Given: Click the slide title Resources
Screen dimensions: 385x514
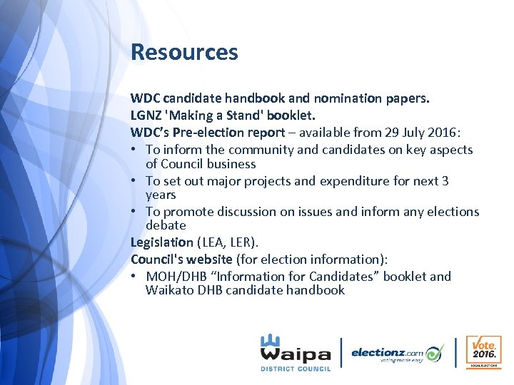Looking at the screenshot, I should [x=184, y=52].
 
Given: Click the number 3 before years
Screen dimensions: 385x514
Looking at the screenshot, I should [x=445, y=181].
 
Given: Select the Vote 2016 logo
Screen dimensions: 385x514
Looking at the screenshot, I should [x=483, y=352].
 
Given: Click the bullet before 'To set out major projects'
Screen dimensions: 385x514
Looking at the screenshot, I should [x=135, y=181].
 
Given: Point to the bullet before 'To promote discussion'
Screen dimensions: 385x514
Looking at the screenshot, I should [x=135, y=212].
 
